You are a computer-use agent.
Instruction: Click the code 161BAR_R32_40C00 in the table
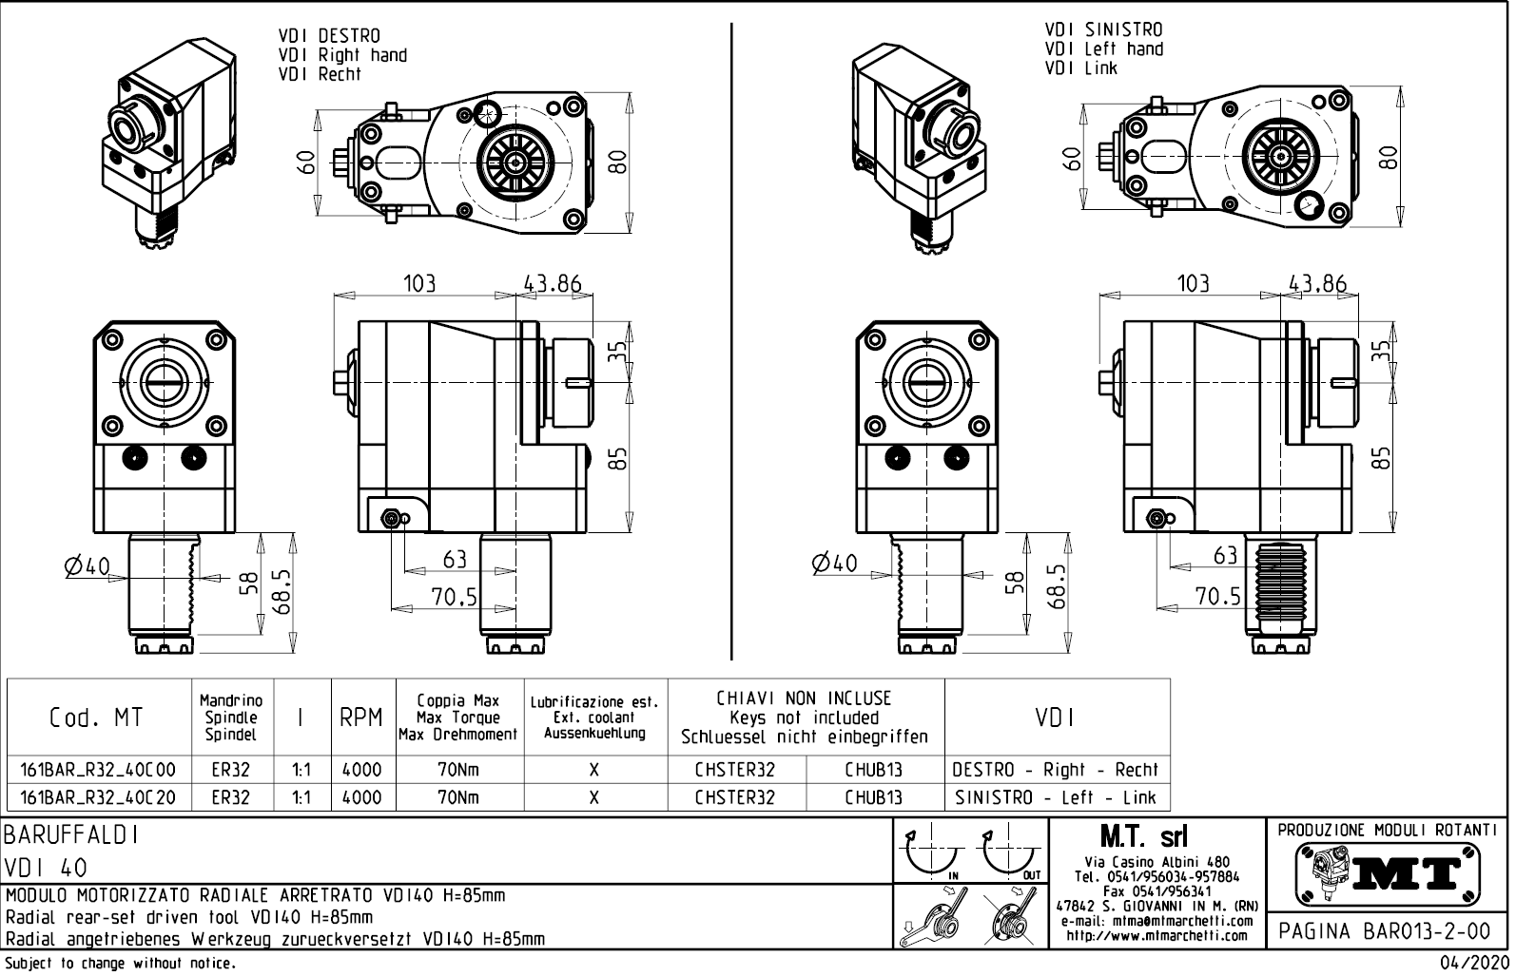click(98, 770)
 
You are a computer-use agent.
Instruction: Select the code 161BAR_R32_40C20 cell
click(98, 798)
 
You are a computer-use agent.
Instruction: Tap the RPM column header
click(361, 718)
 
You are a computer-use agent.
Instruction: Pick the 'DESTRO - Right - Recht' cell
click(1056, 770)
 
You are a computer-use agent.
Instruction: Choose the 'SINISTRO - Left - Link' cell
click(1056, 798)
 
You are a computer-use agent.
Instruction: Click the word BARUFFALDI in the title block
click(72, 835)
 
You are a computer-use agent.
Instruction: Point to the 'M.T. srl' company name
click(1155, 837)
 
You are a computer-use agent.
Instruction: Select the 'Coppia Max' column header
click(457, 701)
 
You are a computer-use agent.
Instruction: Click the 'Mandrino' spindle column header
click(231, 701)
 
